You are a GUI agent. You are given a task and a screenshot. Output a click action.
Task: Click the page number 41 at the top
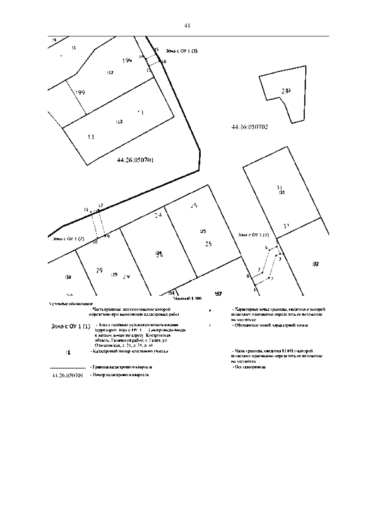(x=187, y=26)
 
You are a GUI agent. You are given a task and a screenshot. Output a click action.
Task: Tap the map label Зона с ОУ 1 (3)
(x=181, y=51)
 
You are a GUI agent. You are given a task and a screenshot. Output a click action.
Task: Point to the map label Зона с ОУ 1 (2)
(x=68, y=239)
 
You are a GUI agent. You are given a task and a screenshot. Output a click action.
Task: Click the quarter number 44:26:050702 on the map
(x=250, y=127)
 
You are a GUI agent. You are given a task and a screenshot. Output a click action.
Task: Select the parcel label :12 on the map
(x=110, y=73)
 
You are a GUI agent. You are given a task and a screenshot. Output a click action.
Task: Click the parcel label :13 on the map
(x=119, y=122)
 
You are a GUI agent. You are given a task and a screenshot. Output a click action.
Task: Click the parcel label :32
(x=316, y=264)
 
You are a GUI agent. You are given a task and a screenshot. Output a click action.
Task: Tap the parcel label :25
(x=203, y=231)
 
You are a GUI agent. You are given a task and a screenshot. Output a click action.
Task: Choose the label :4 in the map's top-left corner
(x=54, y=40)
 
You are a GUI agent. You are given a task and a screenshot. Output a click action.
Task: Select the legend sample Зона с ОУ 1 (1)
(x=70, y=327)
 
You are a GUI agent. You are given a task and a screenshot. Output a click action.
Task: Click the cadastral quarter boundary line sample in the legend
(x=67, y=368)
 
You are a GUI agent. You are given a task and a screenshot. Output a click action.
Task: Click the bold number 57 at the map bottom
(x=218, y=294)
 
